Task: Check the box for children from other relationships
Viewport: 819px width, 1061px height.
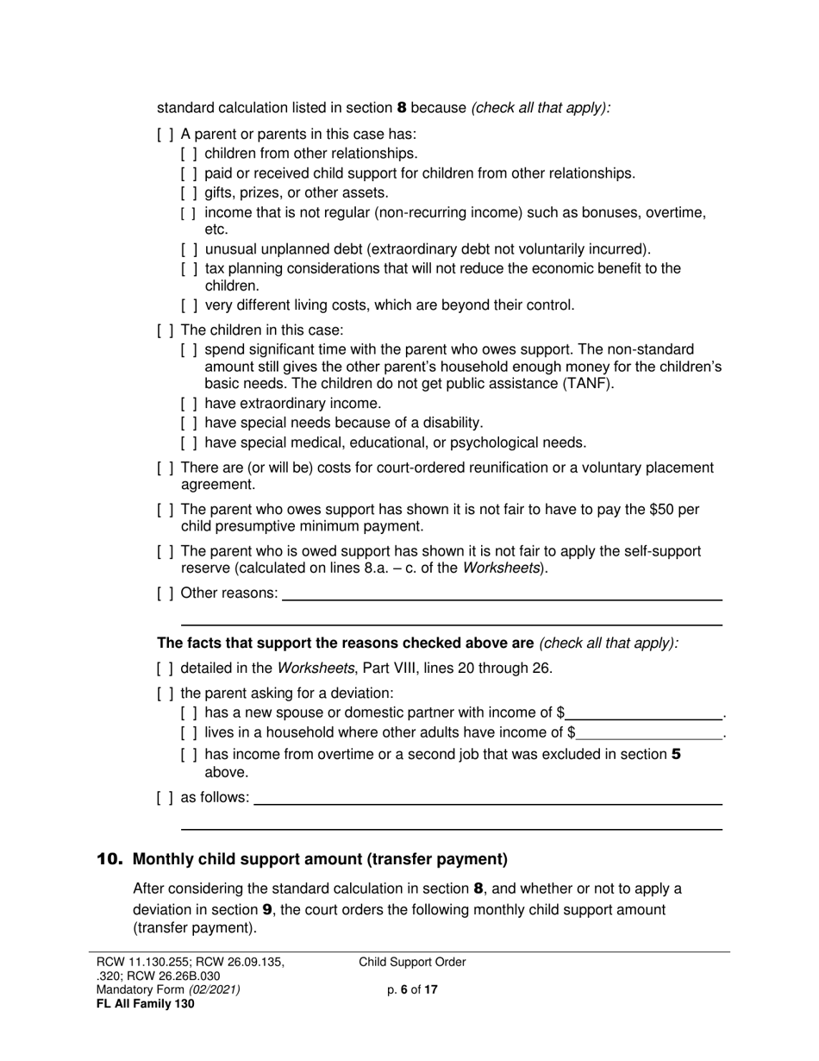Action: click(189, 154)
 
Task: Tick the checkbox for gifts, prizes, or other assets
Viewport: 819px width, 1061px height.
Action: click(189, 193)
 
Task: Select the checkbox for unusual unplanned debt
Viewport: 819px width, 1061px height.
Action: click(189, 250)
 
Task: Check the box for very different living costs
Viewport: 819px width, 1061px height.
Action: click(189, 305)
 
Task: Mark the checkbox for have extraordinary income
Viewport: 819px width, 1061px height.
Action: click(189, 404)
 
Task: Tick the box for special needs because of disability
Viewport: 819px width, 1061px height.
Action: click(189, 424)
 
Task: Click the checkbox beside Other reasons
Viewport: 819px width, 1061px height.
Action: click(165, 593)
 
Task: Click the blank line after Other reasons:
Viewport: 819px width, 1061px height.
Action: click(502, 593)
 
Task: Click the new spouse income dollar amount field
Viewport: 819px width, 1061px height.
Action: click(644, 713)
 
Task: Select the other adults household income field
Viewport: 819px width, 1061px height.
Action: click(650, 733)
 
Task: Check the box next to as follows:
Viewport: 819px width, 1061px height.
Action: click(165, 798)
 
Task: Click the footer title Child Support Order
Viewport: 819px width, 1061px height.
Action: click(412, 963)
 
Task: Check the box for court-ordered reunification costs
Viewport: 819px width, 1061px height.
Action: click(165, 468)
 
